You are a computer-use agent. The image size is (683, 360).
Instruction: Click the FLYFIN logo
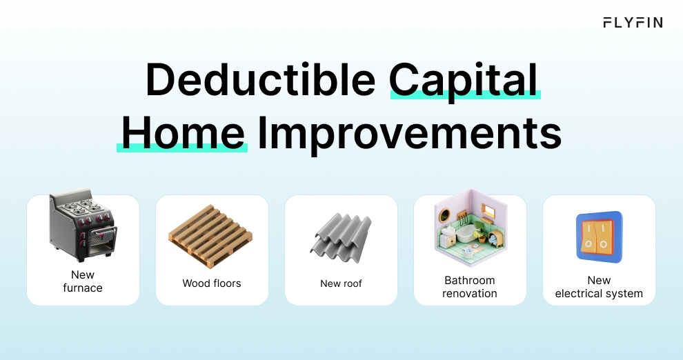pyautogui.click(x=633, y=23)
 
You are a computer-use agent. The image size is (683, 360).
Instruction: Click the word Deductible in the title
pyautogui.click(x=260, y=81)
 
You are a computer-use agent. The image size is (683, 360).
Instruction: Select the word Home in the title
pyautogui.click(x=184, y=132)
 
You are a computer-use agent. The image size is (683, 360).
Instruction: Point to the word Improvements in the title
pyautogui.click(x=409, y=133)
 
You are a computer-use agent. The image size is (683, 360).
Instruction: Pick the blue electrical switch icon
pyautogui.click(x=599, y=237)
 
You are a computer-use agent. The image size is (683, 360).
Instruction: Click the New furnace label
pyautogui.click(x=83, y=281)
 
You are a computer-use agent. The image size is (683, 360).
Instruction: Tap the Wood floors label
pyautogui.click(x=212, y=283)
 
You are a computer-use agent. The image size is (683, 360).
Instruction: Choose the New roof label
pyautogui.click(x=341, y=283)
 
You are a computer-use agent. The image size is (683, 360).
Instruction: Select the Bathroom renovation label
pyautogui.click(x=470, y=287)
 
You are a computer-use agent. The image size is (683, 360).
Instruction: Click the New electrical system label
pyautogui.click(x=599, y=287)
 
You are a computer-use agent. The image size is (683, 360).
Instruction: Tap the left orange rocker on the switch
pyautogui.click(x=589, y=236)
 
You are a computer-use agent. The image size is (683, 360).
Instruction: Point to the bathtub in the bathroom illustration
pyautogui.click(x=466, y=235)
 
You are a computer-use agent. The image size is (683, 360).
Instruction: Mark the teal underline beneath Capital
pyautogui.click(x=465, y=96)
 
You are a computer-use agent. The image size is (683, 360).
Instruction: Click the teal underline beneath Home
pyautogui.click(x=182, y=147)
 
